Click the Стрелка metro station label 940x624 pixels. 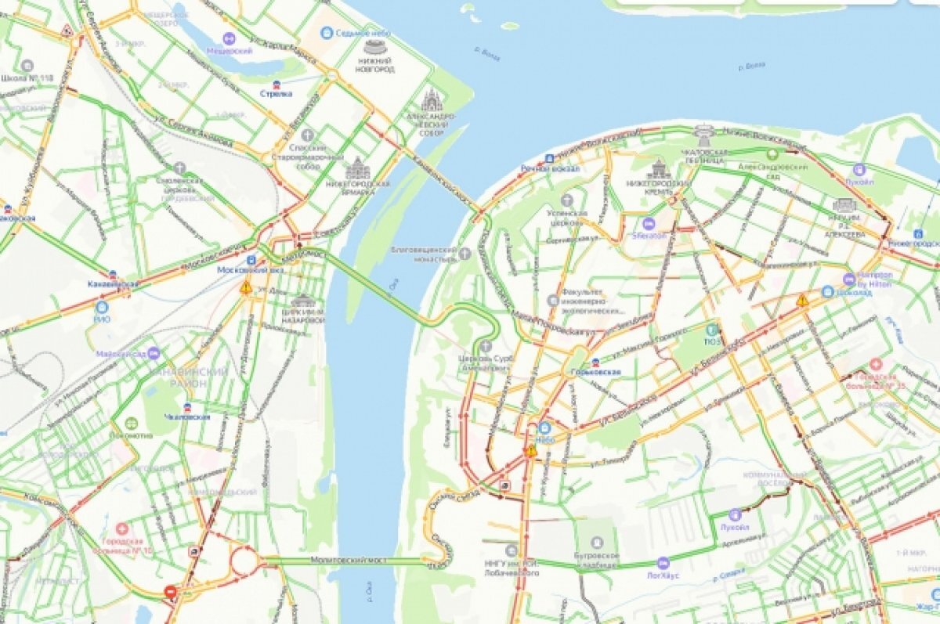click(x=276, y=94)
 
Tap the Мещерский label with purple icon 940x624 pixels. click(x=229, y=50)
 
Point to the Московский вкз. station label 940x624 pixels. click(x=251, y=269)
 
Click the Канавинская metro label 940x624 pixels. click(x=113, y=283)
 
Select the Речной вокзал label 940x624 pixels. click(x=551, y=168)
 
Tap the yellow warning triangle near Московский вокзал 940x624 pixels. click(x=246, y=287)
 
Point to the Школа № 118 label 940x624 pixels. click(x=27, y=78)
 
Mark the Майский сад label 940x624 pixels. click(x=122, y=354)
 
